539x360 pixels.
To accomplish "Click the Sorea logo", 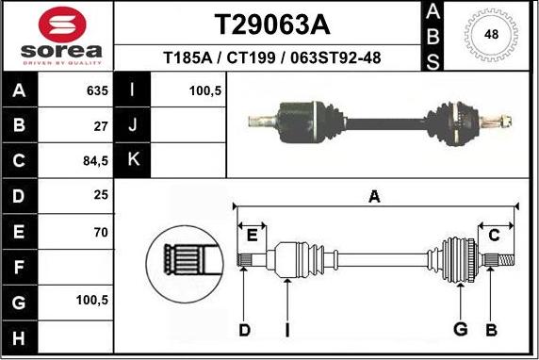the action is (57, 35).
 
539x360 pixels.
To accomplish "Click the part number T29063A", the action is (271, 23).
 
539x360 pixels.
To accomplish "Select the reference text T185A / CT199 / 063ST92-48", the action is (271, 58).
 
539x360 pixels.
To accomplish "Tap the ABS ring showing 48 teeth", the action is (490, 35).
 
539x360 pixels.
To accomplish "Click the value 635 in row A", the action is (97, 91).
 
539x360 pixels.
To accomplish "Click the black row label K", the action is (132, 159).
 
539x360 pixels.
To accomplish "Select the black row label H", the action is (20, 335).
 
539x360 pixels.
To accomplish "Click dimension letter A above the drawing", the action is (374, 197).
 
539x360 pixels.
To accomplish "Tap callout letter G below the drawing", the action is (461, 328).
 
